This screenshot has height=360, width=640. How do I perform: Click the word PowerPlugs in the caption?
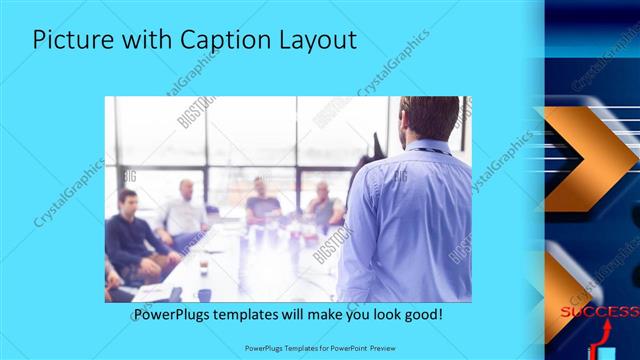(x=170, y=315)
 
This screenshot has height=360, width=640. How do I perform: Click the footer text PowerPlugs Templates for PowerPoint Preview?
(x=320, y=349)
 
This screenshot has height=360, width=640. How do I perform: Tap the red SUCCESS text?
(x=599, y=312)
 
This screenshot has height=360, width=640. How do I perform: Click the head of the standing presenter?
(x=429, y=119)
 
